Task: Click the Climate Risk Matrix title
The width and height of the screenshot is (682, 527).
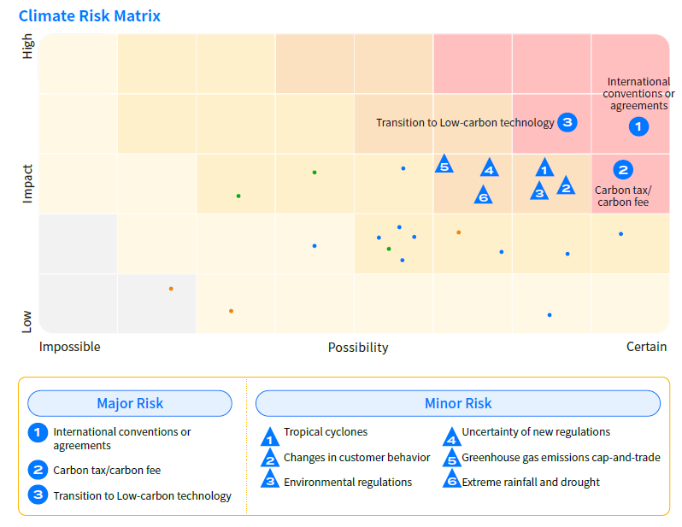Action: [x=90, y=16]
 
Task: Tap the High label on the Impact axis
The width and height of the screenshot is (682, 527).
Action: [x=27, y=46]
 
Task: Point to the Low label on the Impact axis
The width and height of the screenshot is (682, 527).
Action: [x=27, y=320]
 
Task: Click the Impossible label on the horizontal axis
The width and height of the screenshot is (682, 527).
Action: [x=70, y=347]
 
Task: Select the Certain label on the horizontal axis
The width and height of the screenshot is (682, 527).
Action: [x=646, y=347]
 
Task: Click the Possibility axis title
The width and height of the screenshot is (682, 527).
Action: [x=358, y=348]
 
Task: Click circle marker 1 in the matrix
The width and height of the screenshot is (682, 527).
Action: [x=638, y=126]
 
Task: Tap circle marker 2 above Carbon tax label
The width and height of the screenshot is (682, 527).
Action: [x=623, y=170]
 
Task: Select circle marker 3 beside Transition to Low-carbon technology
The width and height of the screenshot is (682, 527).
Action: [x=567, y=122]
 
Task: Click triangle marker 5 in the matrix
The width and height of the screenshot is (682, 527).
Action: [x=444, y=165]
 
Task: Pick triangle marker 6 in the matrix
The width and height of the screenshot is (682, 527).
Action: [x=483, y=196]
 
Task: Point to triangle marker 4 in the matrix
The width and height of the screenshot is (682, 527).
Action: [x=489, y=169]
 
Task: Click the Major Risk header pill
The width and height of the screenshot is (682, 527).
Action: [x=130, y=403]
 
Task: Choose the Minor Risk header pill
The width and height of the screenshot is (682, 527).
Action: [x=458, y=403]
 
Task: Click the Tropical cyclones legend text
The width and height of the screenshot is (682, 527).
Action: [x=326, y=432]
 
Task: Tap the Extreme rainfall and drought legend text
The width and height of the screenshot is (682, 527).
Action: [x=531, y=483]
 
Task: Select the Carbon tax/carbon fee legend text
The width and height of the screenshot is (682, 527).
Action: [x=107, y=470]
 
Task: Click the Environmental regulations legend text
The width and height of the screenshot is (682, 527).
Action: [x=348, y=483]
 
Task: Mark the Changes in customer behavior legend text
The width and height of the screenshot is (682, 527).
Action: [x=356, y=458]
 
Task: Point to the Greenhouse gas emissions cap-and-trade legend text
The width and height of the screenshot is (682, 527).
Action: [x=561, y=458]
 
